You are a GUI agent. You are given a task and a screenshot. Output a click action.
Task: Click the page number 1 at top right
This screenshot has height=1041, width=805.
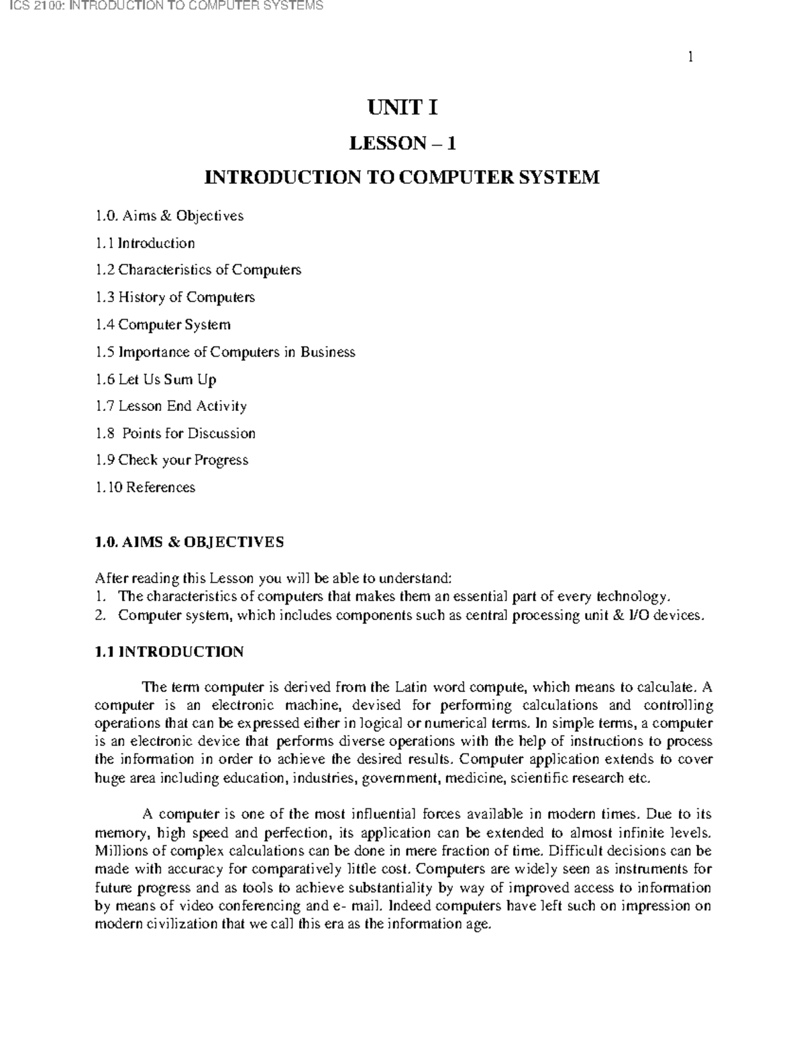(x=690, y=57)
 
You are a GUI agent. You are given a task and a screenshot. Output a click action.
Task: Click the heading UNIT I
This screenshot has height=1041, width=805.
(x=402, y=107)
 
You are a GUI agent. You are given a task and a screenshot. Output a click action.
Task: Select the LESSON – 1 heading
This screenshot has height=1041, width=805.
(x=402, y=143)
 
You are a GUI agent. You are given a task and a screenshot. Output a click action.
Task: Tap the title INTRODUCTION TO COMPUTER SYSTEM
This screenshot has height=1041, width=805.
(x=402, y=178)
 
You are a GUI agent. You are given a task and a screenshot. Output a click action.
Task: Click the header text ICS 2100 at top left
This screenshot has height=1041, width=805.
(x=161, y=6)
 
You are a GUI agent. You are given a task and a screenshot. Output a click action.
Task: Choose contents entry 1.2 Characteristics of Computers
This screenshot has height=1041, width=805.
(x=198, y=269)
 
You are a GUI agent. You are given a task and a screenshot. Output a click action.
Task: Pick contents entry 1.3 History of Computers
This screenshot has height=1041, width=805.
(x=174, y=297)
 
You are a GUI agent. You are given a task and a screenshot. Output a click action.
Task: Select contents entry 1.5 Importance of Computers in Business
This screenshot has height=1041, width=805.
(x=225, y=352)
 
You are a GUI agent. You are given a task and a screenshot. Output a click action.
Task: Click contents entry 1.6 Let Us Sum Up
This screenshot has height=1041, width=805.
(x=156, y=379)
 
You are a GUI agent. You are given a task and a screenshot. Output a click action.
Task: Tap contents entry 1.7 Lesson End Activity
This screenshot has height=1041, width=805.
(x=171, y=406)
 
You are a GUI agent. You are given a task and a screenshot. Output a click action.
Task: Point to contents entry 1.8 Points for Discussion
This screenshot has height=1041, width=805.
(x=175, y=434)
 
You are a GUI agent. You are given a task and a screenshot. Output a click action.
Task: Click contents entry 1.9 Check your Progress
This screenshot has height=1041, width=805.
(x=172, y=461)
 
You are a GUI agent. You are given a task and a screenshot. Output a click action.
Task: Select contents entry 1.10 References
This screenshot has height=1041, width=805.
(x=145, y=487)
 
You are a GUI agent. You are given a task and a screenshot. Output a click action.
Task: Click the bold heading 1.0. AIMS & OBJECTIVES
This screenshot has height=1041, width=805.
(x=189, y=542)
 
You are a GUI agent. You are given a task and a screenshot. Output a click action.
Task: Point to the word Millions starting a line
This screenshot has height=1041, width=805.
(x=117, y=851)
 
